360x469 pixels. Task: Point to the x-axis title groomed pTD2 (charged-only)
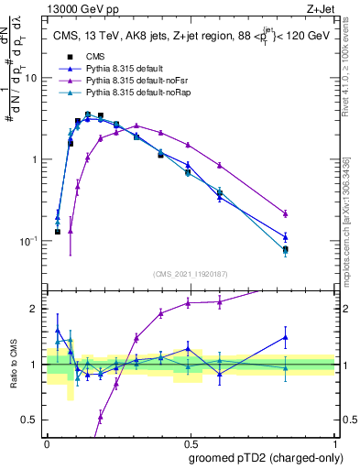(262, 457)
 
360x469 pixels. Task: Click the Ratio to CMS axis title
(16, 365)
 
